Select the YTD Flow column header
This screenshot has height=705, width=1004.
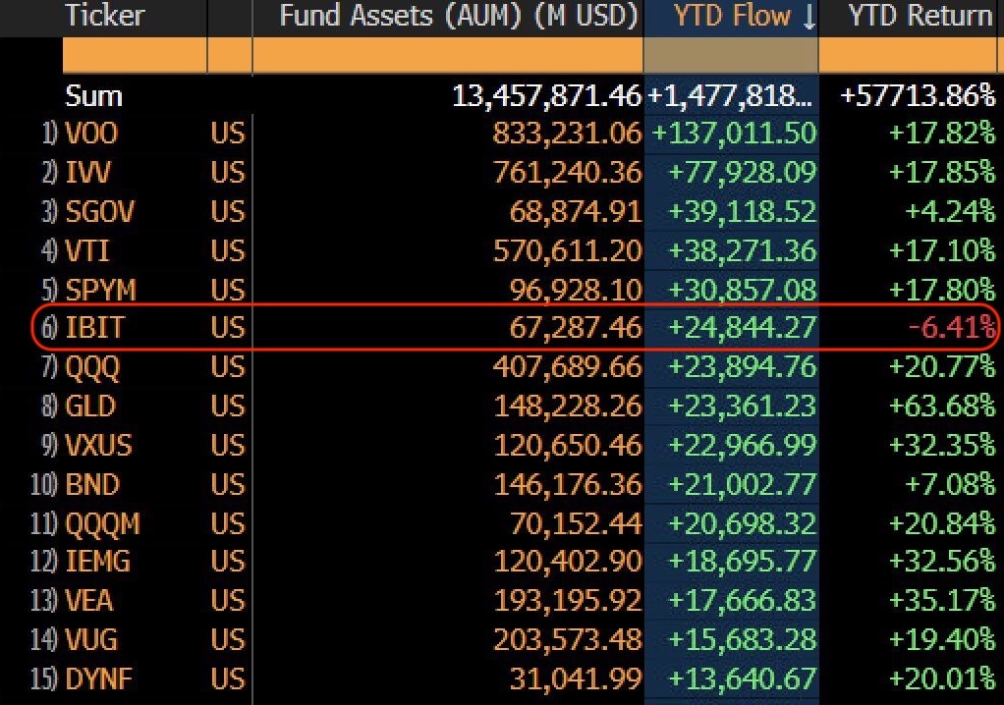(732, 16)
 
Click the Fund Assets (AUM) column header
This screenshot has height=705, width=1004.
(459, 16)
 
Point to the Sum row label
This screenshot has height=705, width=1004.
(94, 96)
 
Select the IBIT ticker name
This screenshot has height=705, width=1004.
(95, 326)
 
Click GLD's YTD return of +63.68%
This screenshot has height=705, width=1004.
(941, 405)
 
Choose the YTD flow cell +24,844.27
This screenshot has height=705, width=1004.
(742, 326)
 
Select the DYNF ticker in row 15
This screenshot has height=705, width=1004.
(99, 678)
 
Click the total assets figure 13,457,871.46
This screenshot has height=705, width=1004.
(545, 96)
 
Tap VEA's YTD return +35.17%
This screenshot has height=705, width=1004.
(941, 600)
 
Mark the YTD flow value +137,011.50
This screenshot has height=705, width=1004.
(734, 133)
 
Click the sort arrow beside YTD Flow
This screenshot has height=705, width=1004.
(809, 17)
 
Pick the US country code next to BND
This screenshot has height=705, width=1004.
(227, 483)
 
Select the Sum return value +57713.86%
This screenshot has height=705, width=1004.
(918, 96)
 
